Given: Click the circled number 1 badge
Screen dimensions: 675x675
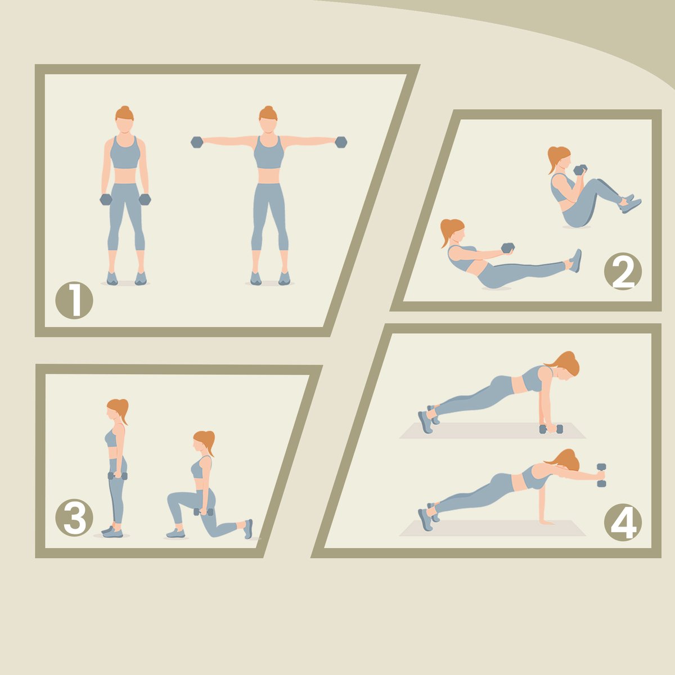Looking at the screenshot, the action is tap(74, 300).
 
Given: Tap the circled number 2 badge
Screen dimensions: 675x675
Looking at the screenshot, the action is tap(623, 272).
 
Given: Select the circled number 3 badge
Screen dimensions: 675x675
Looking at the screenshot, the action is tap(74, 517).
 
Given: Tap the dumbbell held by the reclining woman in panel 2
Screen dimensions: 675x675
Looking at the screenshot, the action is tap(508, 247).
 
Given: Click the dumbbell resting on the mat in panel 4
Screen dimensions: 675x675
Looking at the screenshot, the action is tap(551, 429).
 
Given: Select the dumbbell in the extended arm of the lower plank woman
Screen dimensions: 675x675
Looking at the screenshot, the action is tap(601, 475).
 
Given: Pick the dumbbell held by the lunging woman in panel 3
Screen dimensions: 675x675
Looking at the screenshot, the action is tap(203, 512).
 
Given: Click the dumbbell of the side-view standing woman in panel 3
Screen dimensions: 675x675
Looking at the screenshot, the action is tap(118, 476).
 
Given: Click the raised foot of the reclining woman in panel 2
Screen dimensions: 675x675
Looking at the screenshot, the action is tap(576, 260).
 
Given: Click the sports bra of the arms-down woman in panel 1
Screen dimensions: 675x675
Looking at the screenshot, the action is tap(125, 153).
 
